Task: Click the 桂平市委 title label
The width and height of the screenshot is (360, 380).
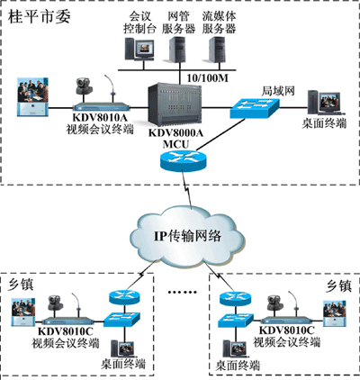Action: tap(39, 16)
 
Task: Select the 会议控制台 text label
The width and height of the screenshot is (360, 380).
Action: tap(139, 23)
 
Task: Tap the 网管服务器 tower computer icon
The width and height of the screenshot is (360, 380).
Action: tap(175, 50)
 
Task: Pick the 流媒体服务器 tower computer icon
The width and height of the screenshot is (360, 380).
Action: tap(217, 50)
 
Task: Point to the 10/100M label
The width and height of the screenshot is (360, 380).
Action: tap(208, 78)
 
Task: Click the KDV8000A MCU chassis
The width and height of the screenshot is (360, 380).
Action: tap(175, 104)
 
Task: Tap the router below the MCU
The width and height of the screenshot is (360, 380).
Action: tap(184, 160)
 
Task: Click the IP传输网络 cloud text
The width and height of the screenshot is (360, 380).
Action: tap(187, 236)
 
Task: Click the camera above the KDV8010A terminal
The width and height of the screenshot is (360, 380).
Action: tap(84, 86)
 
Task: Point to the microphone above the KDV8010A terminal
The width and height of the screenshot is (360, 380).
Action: tap(111, 88)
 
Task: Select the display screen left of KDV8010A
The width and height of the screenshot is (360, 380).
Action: tap(32, 96)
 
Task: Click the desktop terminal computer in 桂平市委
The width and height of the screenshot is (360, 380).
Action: tap(324, 103)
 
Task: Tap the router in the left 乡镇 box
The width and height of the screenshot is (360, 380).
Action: tap(124, 297)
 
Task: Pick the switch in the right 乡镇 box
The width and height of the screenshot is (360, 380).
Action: tap(236, 321)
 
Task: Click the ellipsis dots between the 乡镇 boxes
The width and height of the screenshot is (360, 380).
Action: tap(182, 292)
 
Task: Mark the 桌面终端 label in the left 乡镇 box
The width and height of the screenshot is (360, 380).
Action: tap(123, 364)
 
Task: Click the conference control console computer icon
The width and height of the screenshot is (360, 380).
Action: tap(139, 49)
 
